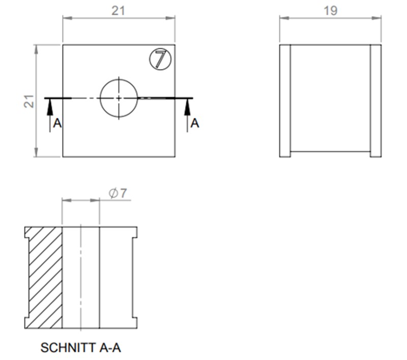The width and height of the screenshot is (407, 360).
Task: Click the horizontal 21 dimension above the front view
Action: (x=119, y=11)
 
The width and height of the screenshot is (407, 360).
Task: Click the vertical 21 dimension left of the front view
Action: (x=30, y=101)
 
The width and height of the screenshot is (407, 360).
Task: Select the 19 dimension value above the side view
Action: (x=330, y=11)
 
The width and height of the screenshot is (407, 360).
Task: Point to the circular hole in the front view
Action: (x=119, y=97)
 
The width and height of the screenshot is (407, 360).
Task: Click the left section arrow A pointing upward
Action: (x=50, y=109)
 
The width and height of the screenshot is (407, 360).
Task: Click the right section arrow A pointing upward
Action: (x=187, y=109)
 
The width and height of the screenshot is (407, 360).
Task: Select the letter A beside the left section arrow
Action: (x=57, y=124)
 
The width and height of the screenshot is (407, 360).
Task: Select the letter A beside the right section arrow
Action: (x=195, y=123)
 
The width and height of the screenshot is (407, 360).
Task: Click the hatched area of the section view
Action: (x=45, y=277)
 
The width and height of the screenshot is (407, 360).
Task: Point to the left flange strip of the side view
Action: (x=285, y=101)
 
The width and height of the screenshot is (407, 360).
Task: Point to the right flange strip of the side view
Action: (x=375, y=101)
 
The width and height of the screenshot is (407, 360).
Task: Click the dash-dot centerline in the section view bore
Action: (x=80, y=277)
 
